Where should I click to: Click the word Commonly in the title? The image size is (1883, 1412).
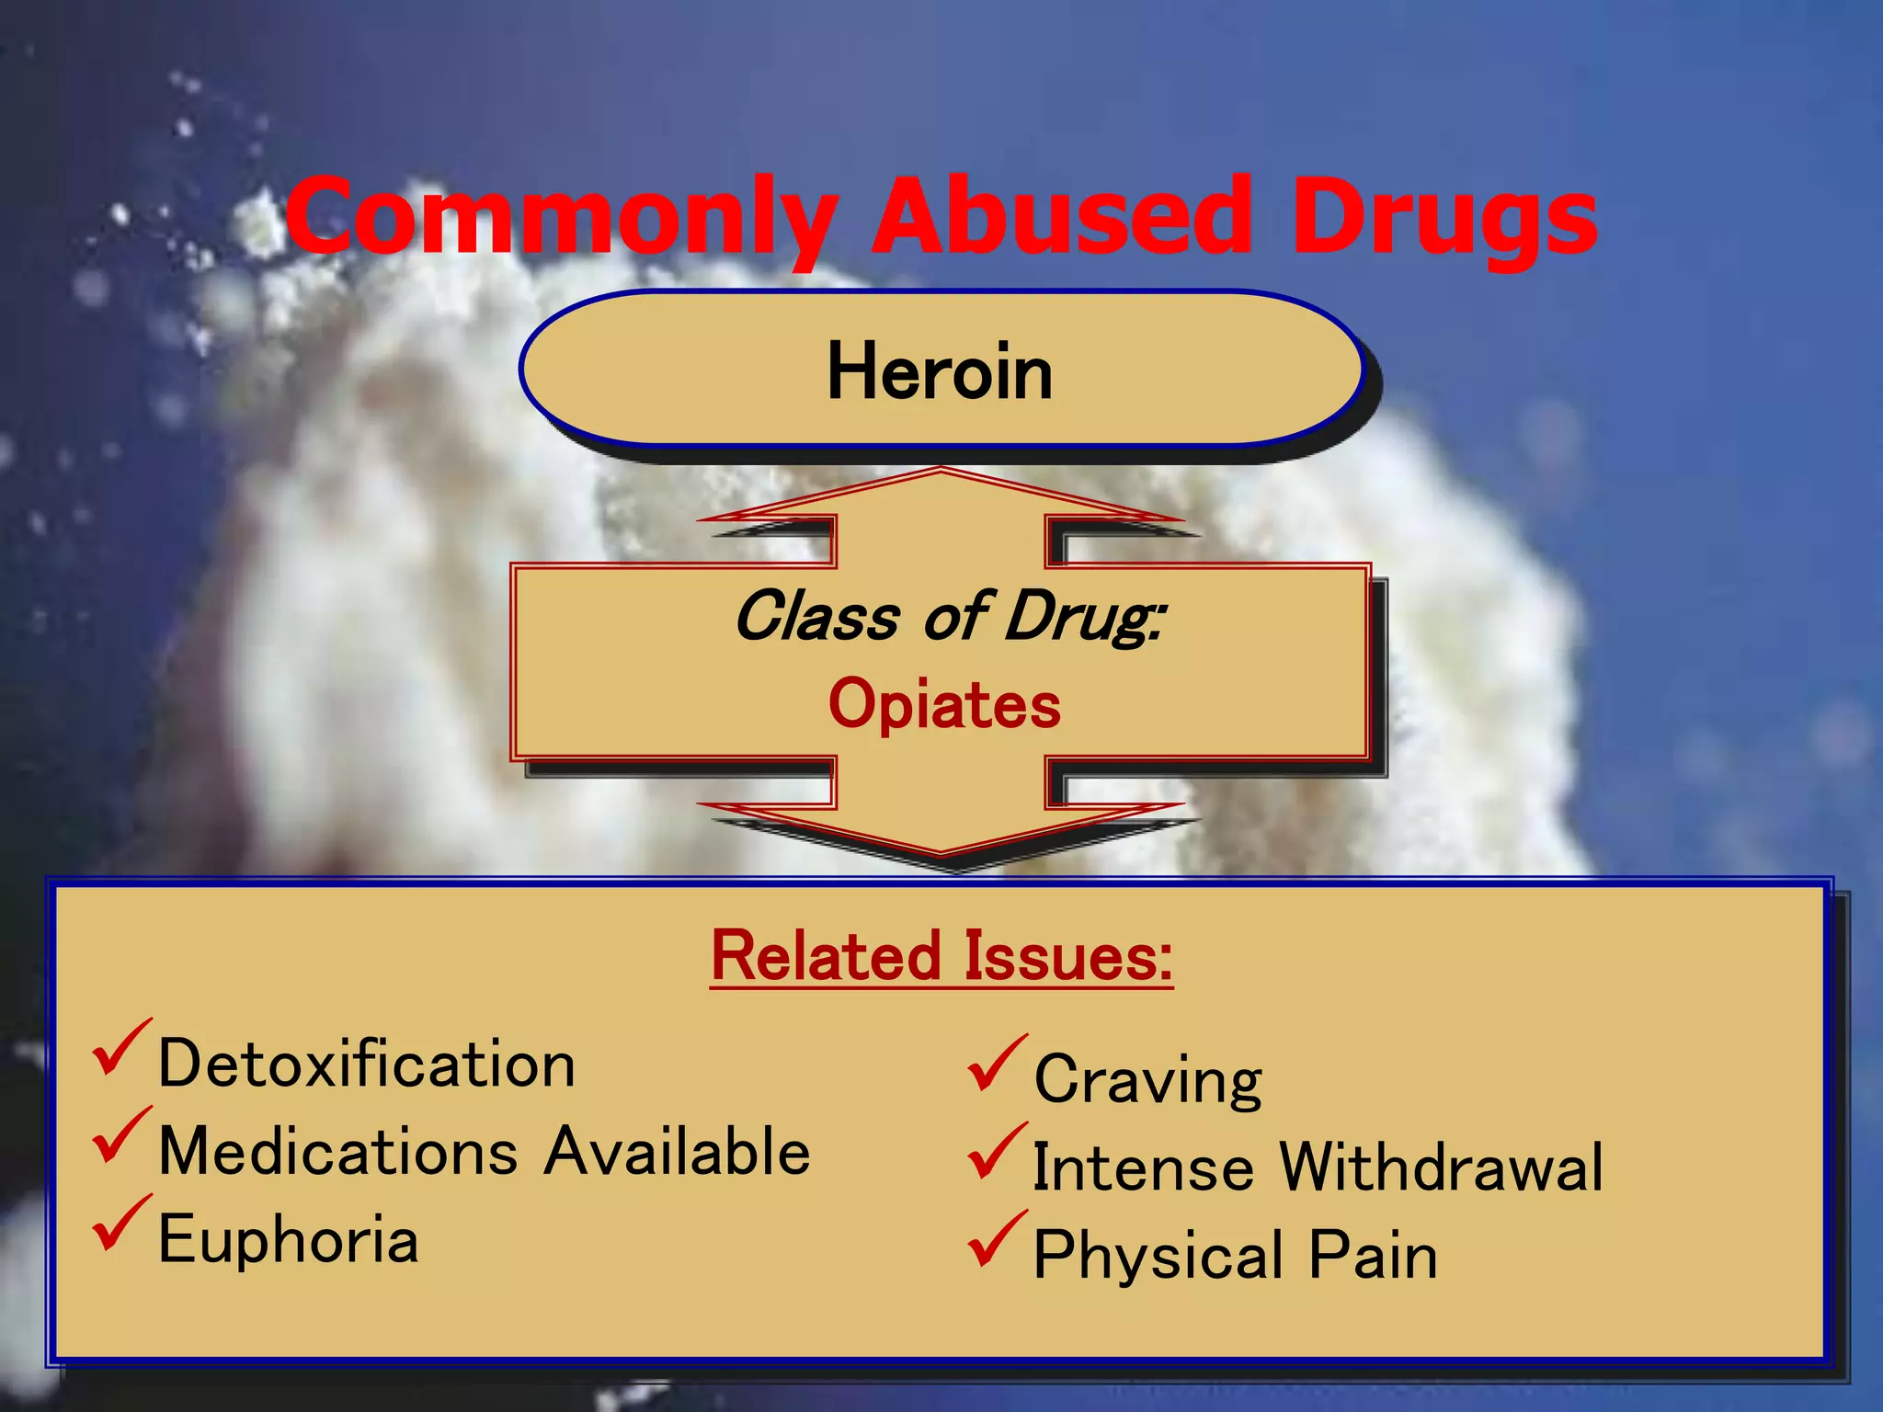coord(561,219)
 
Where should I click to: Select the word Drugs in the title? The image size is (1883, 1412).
coord(1444,219)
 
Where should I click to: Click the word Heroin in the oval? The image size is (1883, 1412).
coord(940,371)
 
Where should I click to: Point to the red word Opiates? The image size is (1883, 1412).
coord(944,705)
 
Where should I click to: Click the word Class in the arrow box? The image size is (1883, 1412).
coord(816,616)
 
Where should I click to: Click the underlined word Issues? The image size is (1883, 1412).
coord(1069,956)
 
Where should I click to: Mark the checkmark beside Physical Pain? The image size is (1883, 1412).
coord(996,1240)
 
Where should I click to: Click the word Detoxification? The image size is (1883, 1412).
coord(367,1064)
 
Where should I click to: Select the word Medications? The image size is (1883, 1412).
coord(338,1151)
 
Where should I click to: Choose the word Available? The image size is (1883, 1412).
coord(677,1151)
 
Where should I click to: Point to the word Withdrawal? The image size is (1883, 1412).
coord(1442,1167)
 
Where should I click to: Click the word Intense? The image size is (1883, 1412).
coord(1143,1167)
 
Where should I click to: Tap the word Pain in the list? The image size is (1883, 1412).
coord(1373,1256)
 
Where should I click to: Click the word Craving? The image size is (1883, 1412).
coord(1147,1080)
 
